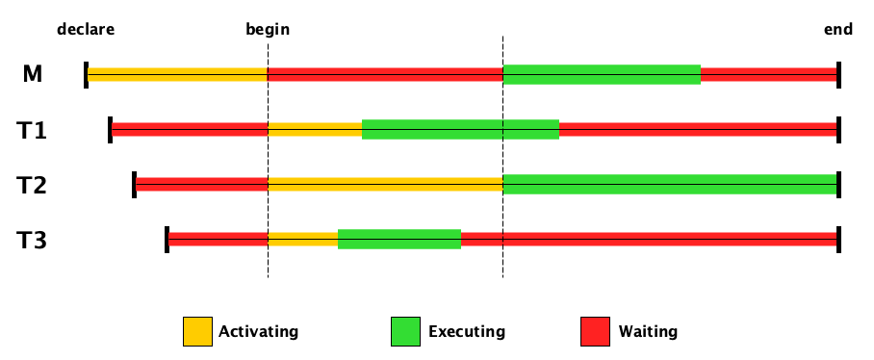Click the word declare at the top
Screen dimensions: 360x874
coord(86,29)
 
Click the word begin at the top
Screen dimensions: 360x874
coord(268,29)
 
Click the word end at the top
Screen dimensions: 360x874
coord(837,29)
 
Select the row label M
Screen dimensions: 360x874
coord(33,74)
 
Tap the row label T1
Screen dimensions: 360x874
coord(33,130)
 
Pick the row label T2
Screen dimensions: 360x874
coord(33,185)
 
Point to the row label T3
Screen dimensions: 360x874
coord(33,239)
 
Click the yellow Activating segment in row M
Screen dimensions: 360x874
coord(177,74)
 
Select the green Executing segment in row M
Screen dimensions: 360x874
coord(602,74)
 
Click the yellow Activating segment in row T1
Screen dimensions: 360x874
coord(315,129)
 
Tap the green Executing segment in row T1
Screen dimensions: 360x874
coord(460,129)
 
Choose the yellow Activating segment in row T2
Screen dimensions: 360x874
coord(385,184)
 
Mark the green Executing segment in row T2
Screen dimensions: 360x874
coord(670,184)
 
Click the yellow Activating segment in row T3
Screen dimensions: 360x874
coord(302,239)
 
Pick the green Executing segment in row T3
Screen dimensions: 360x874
coord(399,239)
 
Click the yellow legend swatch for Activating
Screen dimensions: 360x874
coord(197,331)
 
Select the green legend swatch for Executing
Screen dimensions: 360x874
coord(405,331)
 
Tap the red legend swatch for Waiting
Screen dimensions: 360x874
coord(596,331)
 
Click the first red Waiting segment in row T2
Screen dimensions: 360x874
coord(202,184)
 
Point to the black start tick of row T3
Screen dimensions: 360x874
coord(167,239)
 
